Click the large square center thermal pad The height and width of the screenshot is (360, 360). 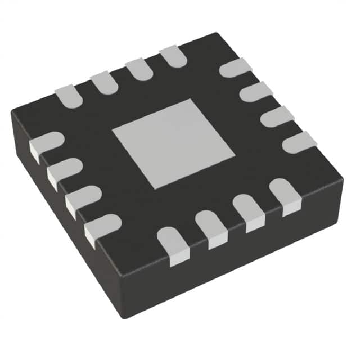tap(173, 143)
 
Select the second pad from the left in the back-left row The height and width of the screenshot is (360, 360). tap(104, 82)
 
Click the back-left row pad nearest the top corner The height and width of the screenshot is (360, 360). tap(173, 56)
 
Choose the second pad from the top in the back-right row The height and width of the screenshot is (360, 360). tap(256, 91)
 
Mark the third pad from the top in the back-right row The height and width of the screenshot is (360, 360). tap(277, 116)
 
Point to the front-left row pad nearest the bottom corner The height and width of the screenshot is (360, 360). tap(102, 226)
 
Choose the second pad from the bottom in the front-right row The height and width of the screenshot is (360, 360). tap(211, 228)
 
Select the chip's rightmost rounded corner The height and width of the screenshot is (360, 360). tap(340, 179)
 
